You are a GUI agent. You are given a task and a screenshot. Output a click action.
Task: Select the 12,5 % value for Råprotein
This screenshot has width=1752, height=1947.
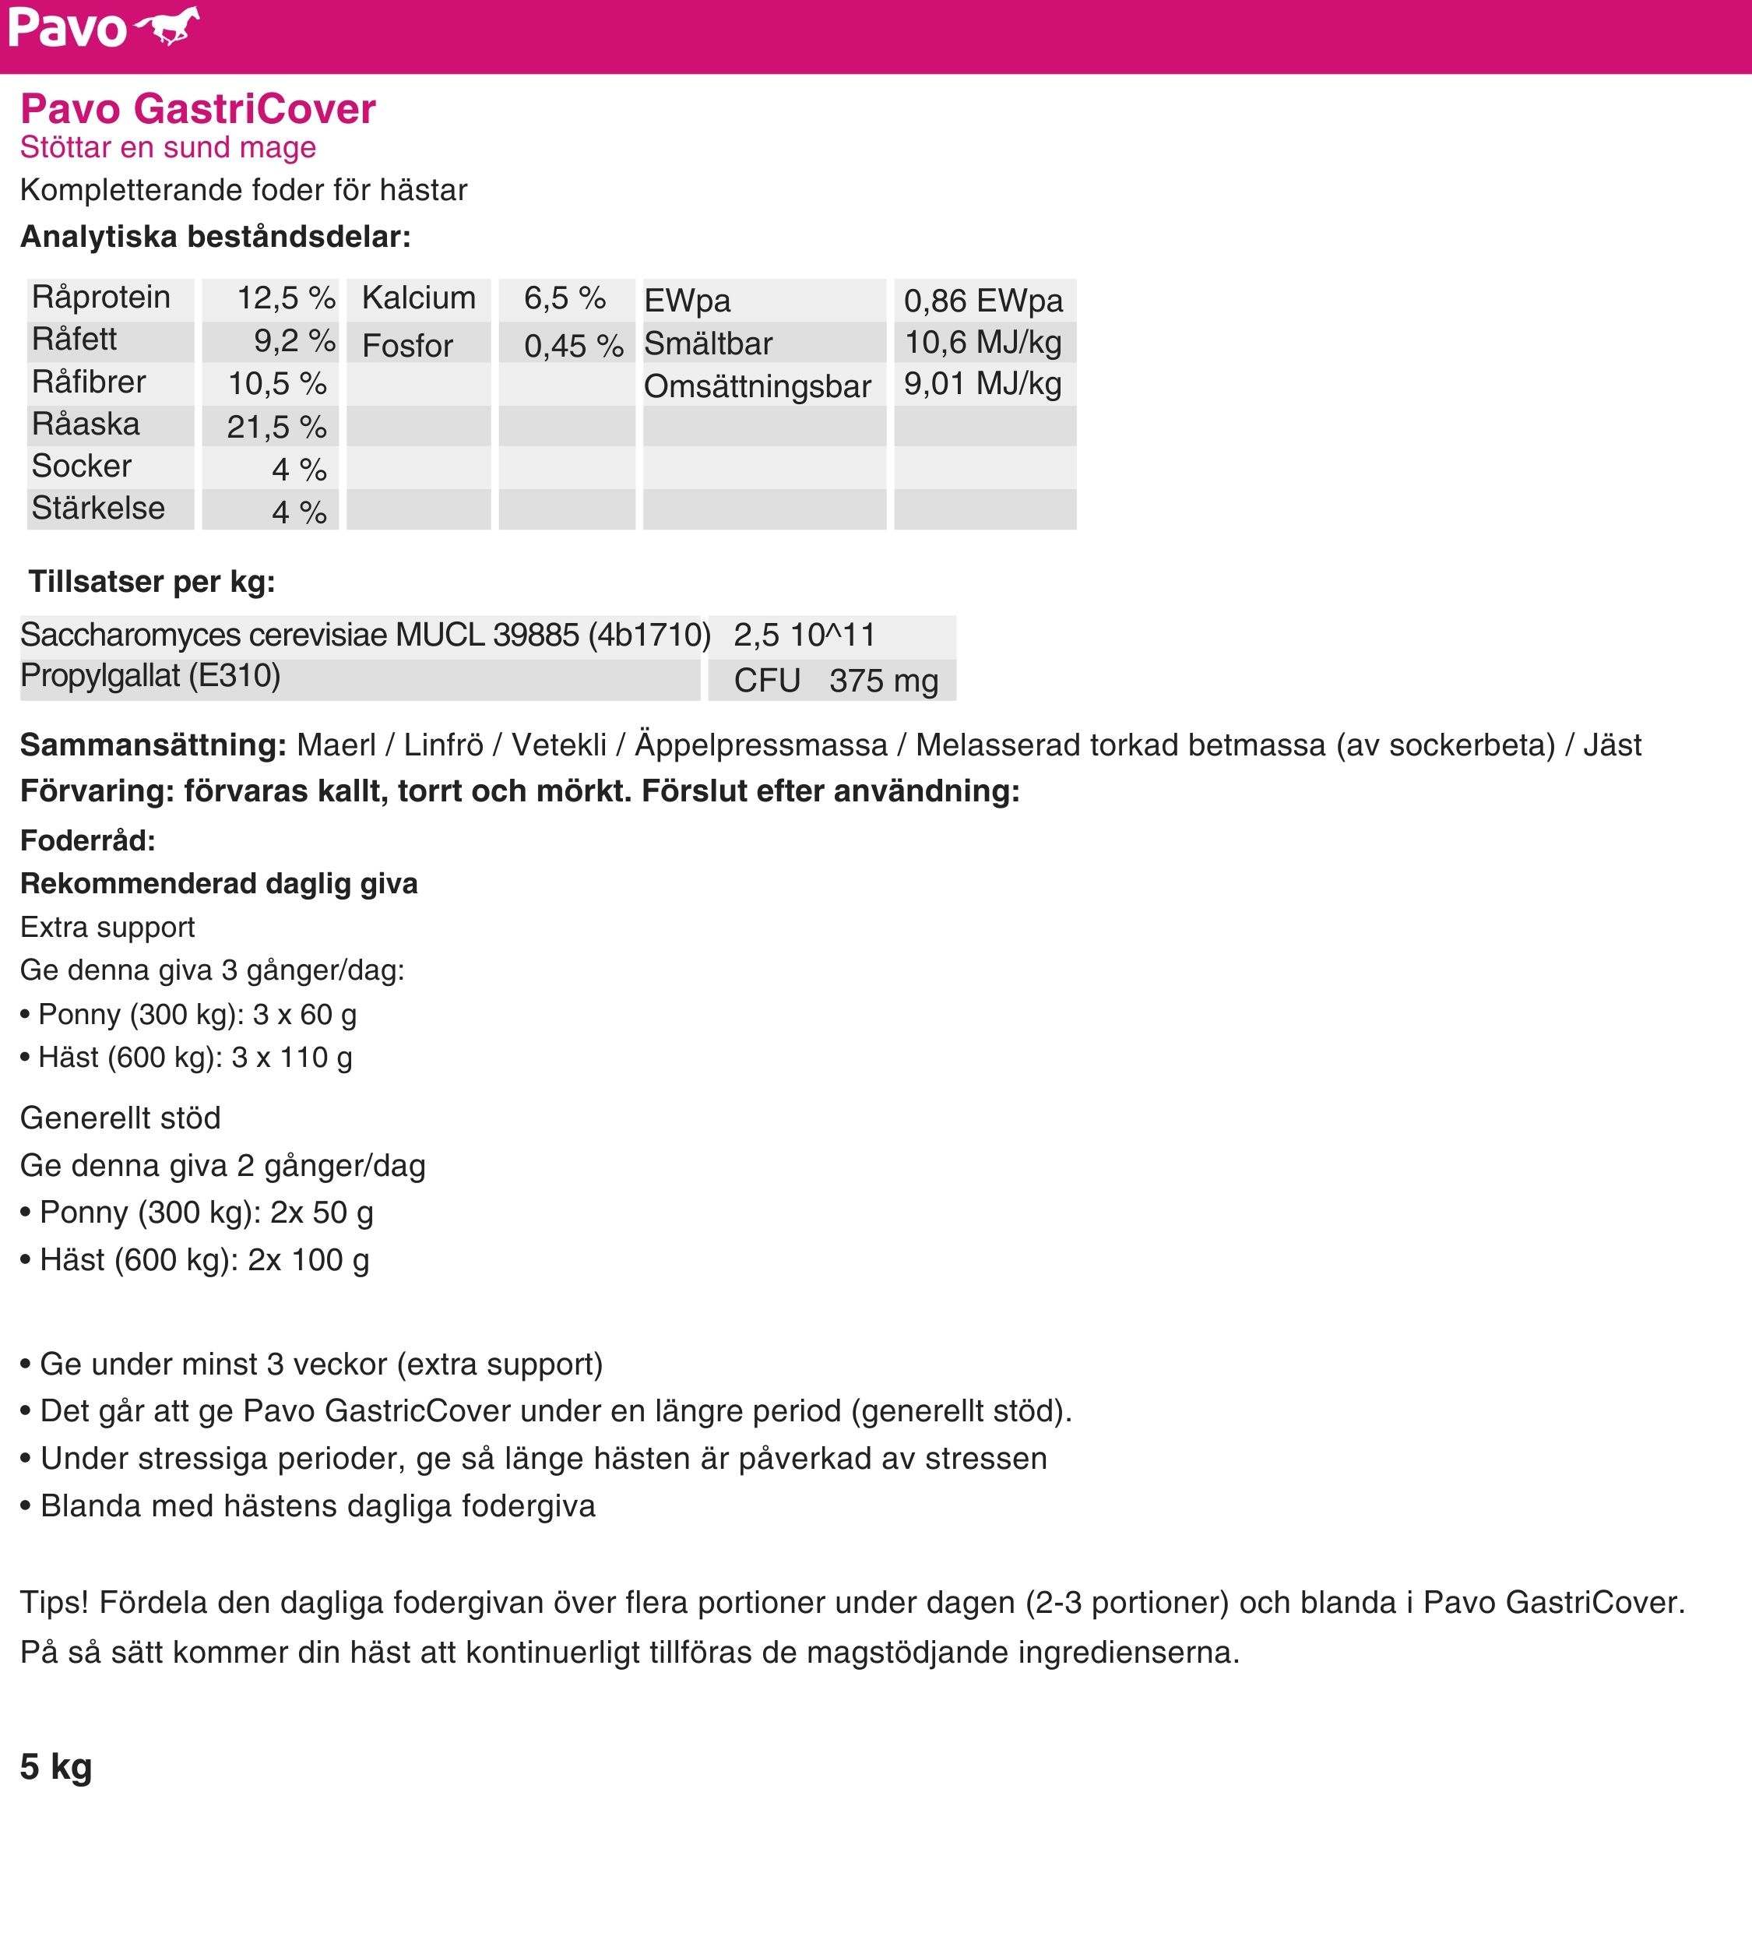(x=286, y=298)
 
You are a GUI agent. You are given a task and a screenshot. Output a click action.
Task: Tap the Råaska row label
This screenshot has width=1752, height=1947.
(x=86, y=424)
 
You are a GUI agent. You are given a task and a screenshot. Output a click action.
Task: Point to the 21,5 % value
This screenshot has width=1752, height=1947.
(x=276, y=427)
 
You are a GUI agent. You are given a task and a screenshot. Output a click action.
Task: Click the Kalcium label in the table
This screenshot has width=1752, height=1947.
(x=419, y=298)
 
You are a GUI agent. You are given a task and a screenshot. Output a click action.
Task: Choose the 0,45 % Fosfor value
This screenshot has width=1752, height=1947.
(x=574, y=346)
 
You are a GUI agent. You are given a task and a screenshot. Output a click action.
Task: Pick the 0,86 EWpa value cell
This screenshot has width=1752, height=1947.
(x=983, y=301)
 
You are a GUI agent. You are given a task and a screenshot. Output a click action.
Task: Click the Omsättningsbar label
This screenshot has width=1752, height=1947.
(x=757, y=386)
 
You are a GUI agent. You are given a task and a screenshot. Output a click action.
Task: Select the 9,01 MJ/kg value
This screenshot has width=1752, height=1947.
(x=982, y=384)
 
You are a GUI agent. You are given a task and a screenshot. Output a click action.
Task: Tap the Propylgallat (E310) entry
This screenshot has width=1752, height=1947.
(x=150, y=676)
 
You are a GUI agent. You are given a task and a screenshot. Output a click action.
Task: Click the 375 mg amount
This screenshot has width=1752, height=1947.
(x=883, y=681)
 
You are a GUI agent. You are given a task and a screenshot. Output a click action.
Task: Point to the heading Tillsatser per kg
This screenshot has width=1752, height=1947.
(x=151, y=582)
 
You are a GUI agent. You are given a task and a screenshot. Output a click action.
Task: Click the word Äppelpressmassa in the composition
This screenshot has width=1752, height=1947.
(x=761, y=745)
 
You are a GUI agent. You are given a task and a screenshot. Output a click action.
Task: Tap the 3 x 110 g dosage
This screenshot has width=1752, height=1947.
(x=292, y=1058)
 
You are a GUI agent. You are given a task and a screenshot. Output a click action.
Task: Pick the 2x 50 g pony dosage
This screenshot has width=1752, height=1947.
(x=322, y=1213)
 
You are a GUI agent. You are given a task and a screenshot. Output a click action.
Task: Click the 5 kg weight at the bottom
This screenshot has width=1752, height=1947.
(x=56, y=1767)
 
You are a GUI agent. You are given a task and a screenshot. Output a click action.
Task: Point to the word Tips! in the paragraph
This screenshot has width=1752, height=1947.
(x=54, y=1602)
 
